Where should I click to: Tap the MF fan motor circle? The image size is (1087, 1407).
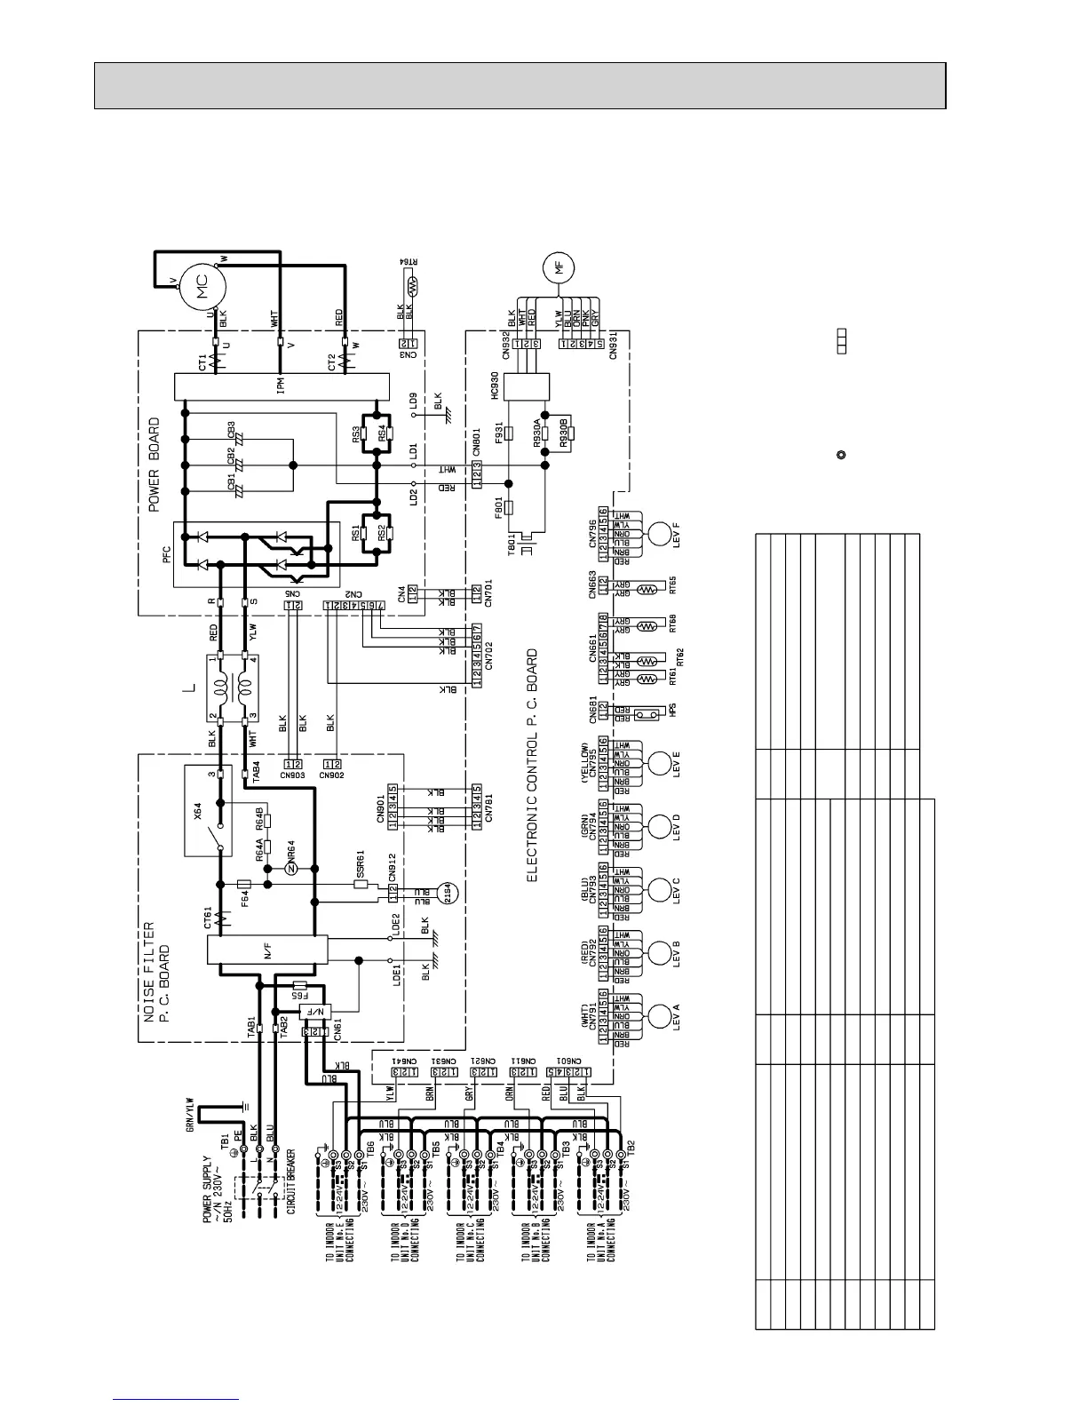click(x=559, y=270)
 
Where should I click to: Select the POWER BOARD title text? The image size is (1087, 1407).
click(x=155, y=465)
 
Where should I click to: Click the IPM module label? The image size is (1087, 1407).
click(x=281, y=386)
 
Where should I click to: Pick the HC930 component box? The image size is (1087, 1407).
click(x=512, y=387)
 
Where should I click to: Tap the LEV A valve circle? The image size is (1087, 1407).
click(x=660, y=1015)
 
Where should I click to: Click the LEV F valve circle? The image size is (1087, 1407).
click(x=660, y=534)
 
